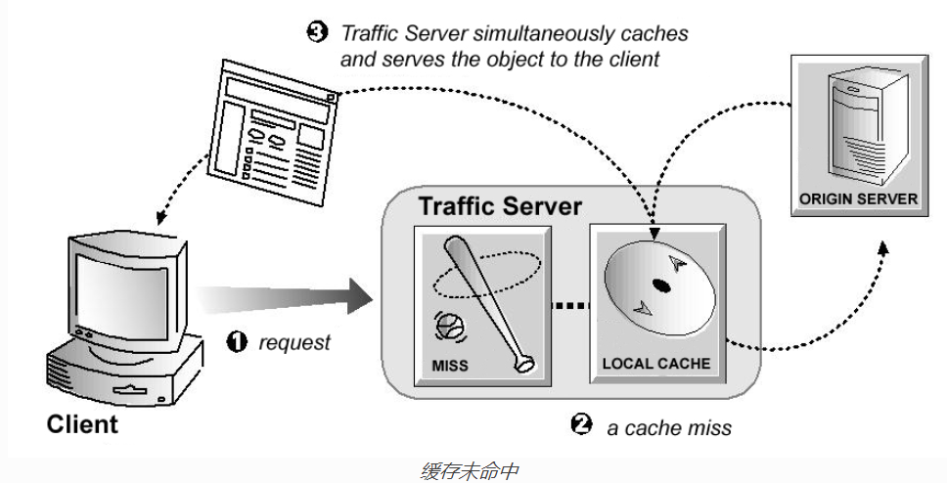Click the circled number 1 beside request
(x=237, y=342)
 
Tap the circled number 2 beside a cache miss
(x=581, y=424)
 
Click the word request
(x=294, y=342)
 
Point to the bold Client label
(x=82, y=424)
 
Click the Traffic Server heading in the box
(x=500, y=207)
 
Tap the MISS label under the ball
(x=451, y=366)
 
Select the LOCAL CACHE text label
(x=656, y=364)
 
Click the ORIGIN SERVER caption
(x=858, y=198)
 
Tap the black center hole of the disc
(x=660, y=286)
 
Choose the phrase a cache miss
(x=669, y=427)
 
